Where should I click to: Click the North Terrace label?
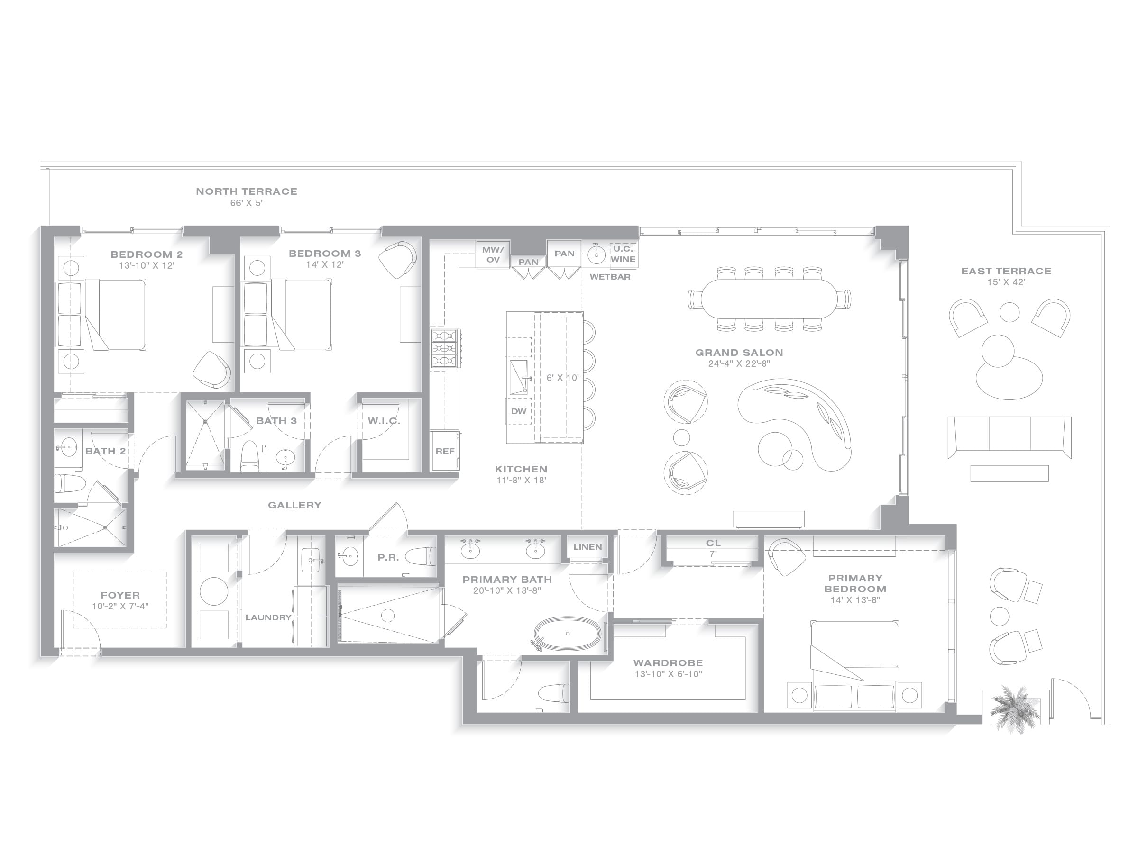[x=247, y=191]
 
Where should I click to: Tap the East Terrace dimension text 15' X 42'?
[x=1006, y=282]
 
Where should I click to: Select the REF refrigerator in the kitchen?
[x=445, y=451]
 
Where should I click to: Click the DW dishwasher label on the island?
[x=519, y=411]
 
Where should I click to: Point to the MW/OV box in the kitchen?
[x=493, y=254]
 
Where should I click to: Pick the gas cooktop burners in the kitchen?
[x=446, y=348]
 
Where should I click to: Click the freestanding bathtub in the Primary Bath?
[x=567, y=634]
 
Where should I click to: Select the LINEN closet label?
[x=587, y=546]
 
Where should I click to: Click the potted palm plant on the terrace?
[x=1012, y=708]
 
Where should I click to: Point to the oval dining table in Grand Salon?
[x=770, y=298]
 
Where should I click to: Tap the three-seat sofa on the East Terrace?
[x=1010, y=437]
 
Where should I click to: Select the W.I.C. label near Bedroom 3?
[x=384, y=421]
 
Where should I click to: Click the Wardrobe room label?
[x=668, y=663]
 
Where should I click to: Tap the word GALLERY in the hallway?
[x=294, y=505]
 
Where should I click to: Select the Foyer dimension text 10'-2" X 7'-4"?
[x=120, y=606]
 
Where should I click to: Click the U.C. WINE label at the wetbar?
[x=623, y=254]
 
